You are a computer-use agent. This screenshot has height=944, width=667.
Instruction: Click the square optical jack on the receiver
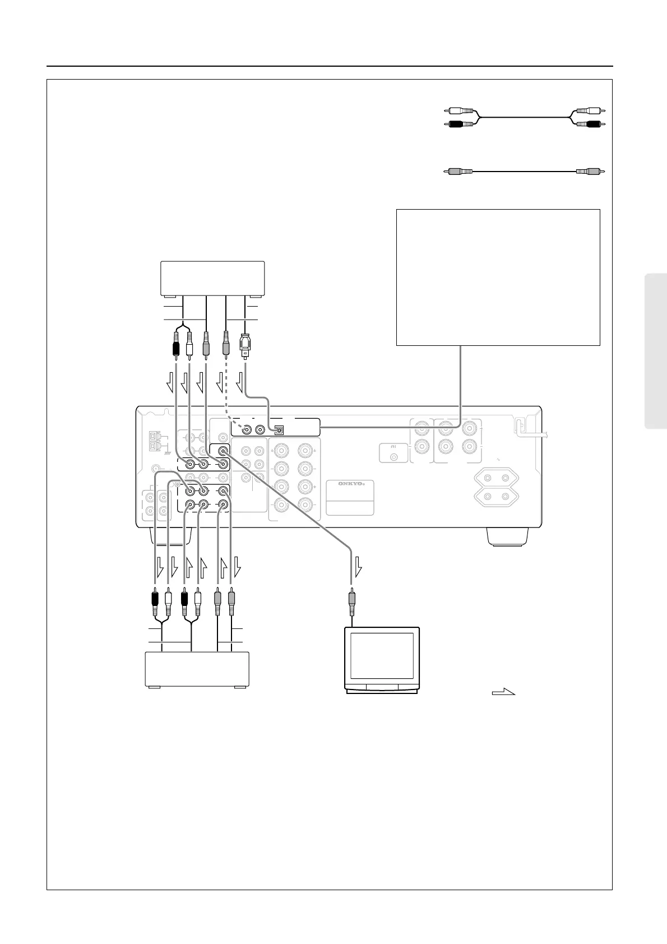pyautogui.click(x=280, y=430)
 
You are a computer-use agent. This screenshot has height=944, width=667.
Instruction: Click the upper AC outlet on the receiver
pyautogui.click(x=497, y=478)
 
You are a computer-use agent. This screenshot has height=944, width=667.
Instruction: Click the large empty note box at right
pyautogui.click(x=498, y=277)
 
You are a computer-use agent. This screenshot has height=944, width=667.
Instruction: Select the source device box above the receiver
pyautogui.click(x=212, y=278)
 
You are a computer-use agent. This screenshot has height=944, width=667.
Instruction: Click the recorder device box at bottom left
pyautogui.click(x=197, y=669)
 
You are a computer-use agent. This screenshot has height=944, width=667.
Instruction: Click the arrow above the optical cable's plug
pyautogui.click(x=240, y=383)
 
